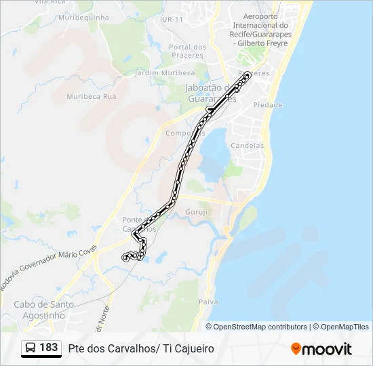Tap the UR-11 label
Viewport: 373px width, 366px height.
[x=172, y=19]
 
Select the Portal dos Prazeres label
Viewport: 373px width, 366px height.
[x=186, y=51]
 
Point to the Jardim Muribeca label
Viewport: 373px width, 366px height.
[x=165, y=73]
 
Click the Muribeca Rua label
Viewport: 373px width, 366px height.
[x=92, y=96]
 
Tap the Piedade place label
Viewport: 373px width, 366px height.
[x=267, y=105]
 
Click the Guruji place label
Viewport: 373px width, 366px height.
[x=196, y=211]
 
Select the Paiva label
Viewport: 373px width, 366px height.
[x=208, y=300]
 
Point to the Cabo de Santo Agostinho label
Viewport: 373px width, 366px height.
[x=44, y=310]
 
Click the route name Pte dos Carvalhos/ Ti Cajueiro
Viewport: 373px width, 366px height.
[x=141, y=348]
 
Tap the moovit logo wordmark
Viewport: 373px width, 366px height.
[x=327, y=349]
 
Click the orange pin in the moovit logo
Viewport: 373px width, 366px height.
[x=296, y=349]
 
